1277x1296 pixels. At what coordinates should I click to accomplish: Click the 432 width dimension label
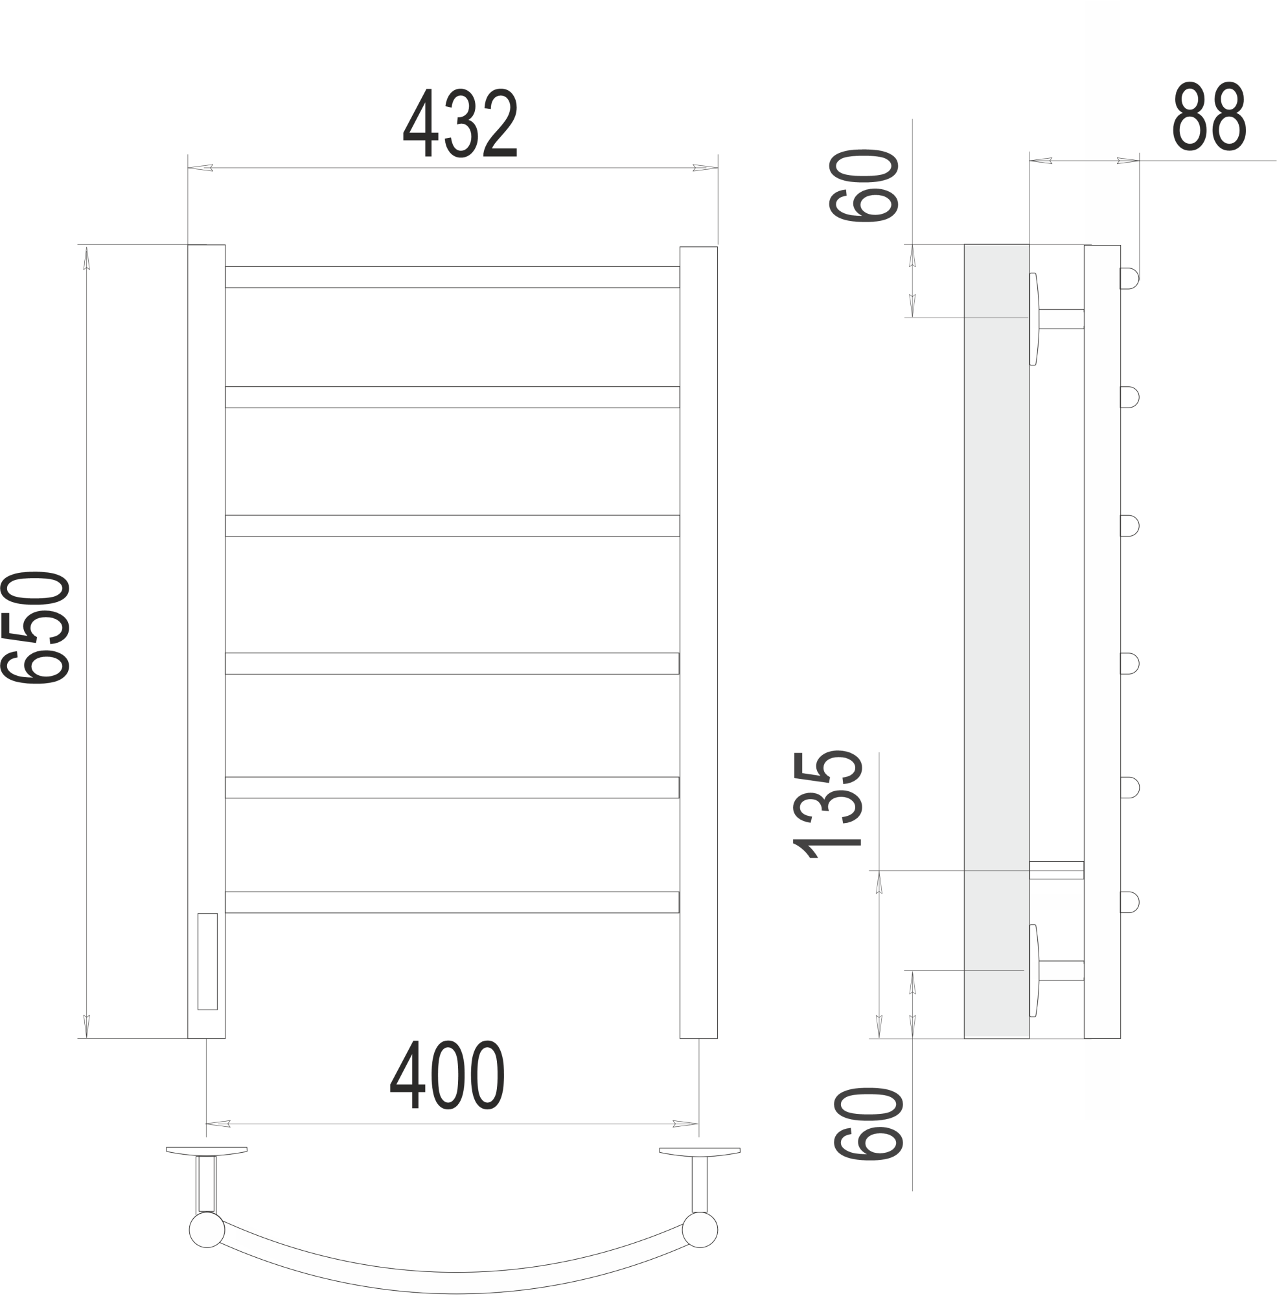[x=460, y=122]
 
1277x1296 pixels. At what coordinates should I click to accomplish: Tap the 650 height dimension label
[x=36, y=627]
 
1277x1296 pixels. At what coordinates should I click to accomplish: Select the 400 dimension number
[x=447, y=1074]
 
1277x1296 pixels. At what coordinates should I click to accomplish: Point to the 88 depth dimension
[x=1209, y=116]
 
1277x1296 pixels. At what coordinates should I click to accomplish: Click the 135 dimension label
[x=827, y=804]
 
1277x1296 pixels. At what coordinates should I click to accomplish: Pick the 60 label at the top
[x=863, y=185]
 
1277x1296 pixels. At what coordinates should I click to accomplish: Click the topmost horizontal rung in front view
[x=452, y=277]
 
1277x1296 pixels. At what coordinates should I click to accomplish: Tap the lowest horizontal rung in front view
[x=452, y=902]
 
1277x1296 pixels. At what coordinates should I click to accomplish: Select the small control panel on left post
[x=207, y=961]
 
